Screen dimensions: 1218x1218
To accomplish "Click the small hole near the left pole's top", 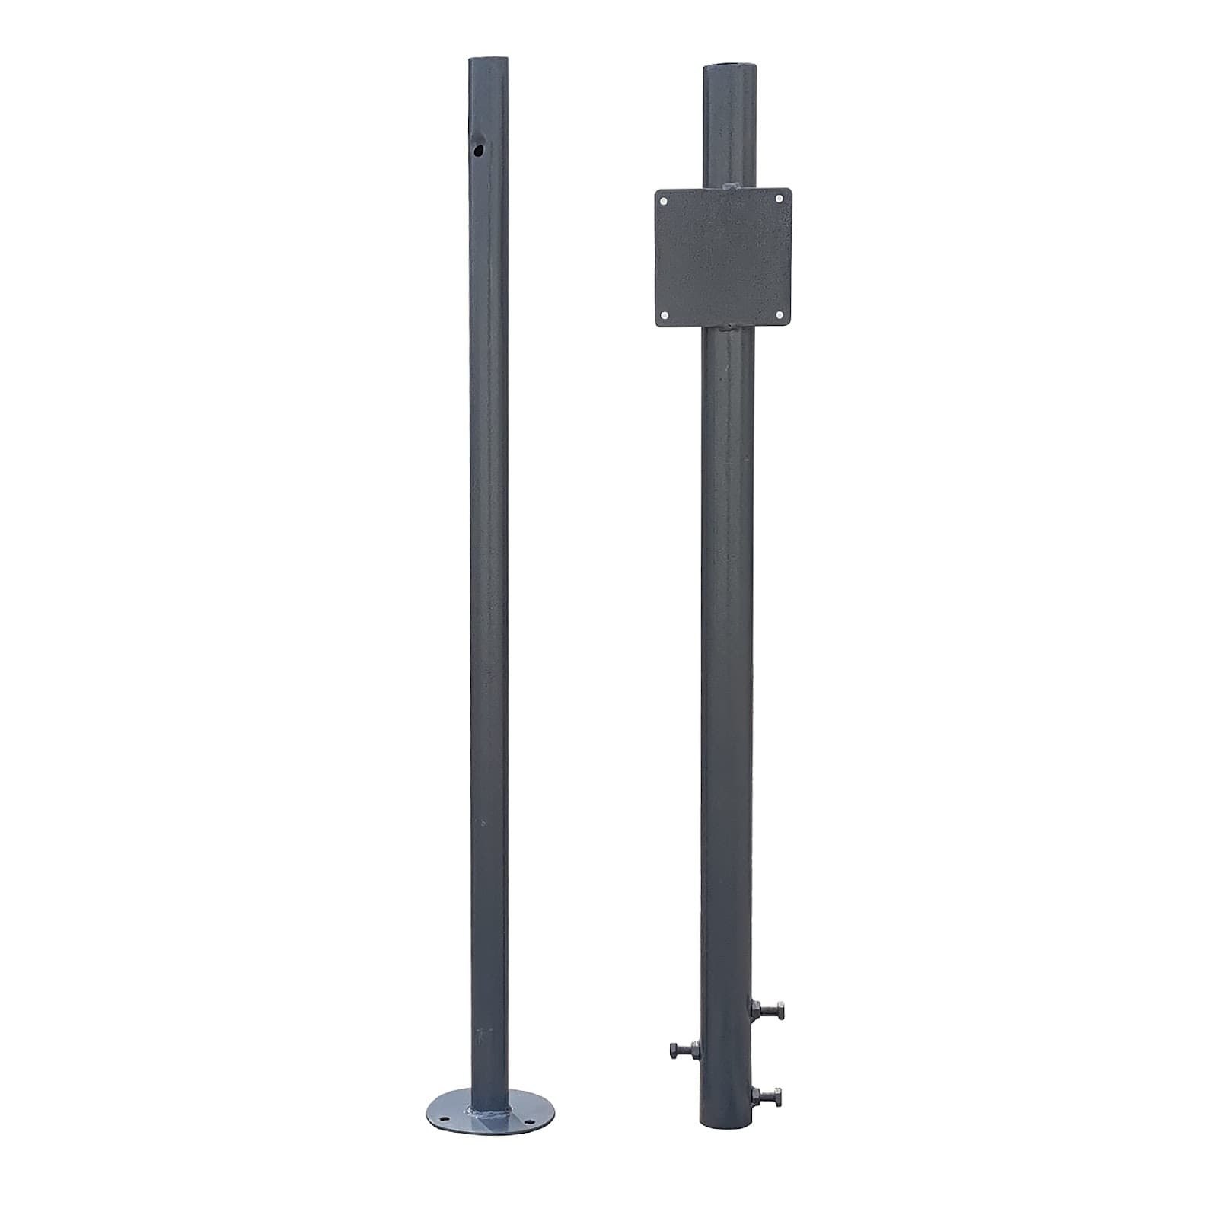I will (477, 149).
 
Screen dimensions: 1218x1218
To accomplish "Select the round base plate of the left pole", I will (489, 1113).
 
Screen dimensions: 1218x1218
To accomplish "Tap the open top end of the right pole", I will (729, 68).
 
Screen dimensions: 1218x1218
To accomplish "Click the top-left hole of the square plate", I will (664, 202).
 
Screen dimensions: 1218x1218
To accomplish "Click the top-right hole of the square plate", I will (780, 199).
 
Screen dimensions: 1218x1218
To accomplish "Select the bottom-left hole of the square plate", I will (664, 314).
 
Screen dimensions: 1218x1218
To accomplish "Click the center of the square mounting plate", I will (722, 257).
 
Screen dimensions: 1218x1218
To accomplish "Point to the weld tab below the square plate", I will (727, 327).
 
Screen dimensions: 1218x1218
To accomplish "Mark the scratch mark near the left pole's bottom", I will (481, 1035).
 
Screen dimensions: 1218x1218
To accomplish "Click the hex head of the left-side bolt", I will (675, 1051).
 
